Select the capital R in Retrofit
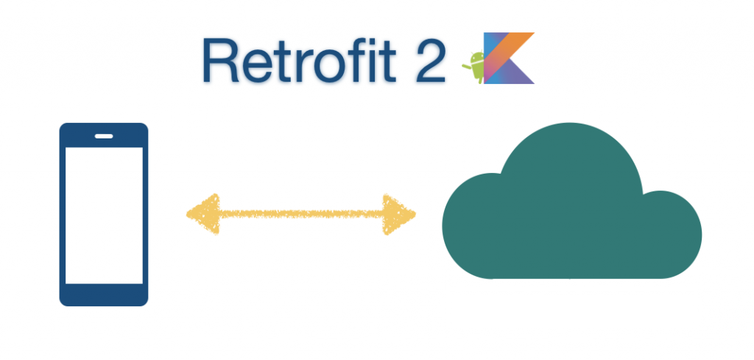click(x=220, y=60)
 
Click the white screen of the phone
click(x=104, y=215)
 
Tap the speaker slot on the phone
click(x=104, y=135)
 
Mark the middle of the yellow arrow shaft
click(x=302, y=214)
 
